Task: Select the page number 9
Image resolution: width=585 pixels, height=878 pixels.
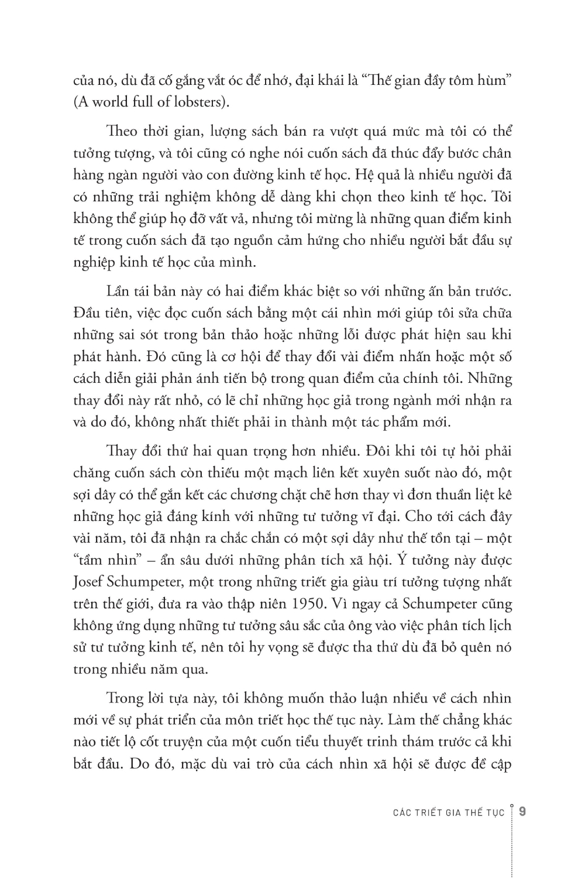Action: point(522,812)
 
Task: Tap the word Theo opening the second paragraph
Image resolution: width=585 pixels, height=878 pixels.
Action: point(123,131)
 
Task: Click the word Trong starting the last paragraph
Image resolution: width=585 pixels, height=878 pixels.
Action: point(125,698)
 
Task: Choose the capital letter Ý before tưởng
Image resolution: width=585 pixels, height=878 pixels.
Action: point(401,560)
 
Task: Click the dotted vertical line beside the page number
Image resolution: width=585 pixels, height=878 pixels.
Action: point(512,843)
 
